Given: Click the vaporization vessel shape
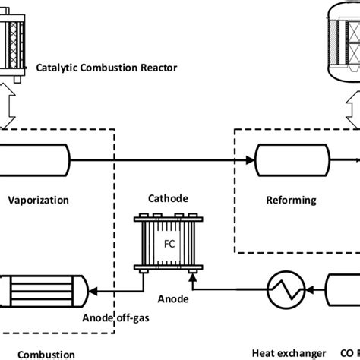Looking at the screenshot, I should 35,159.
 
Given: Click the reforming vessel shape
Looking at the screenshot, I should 292,159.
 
